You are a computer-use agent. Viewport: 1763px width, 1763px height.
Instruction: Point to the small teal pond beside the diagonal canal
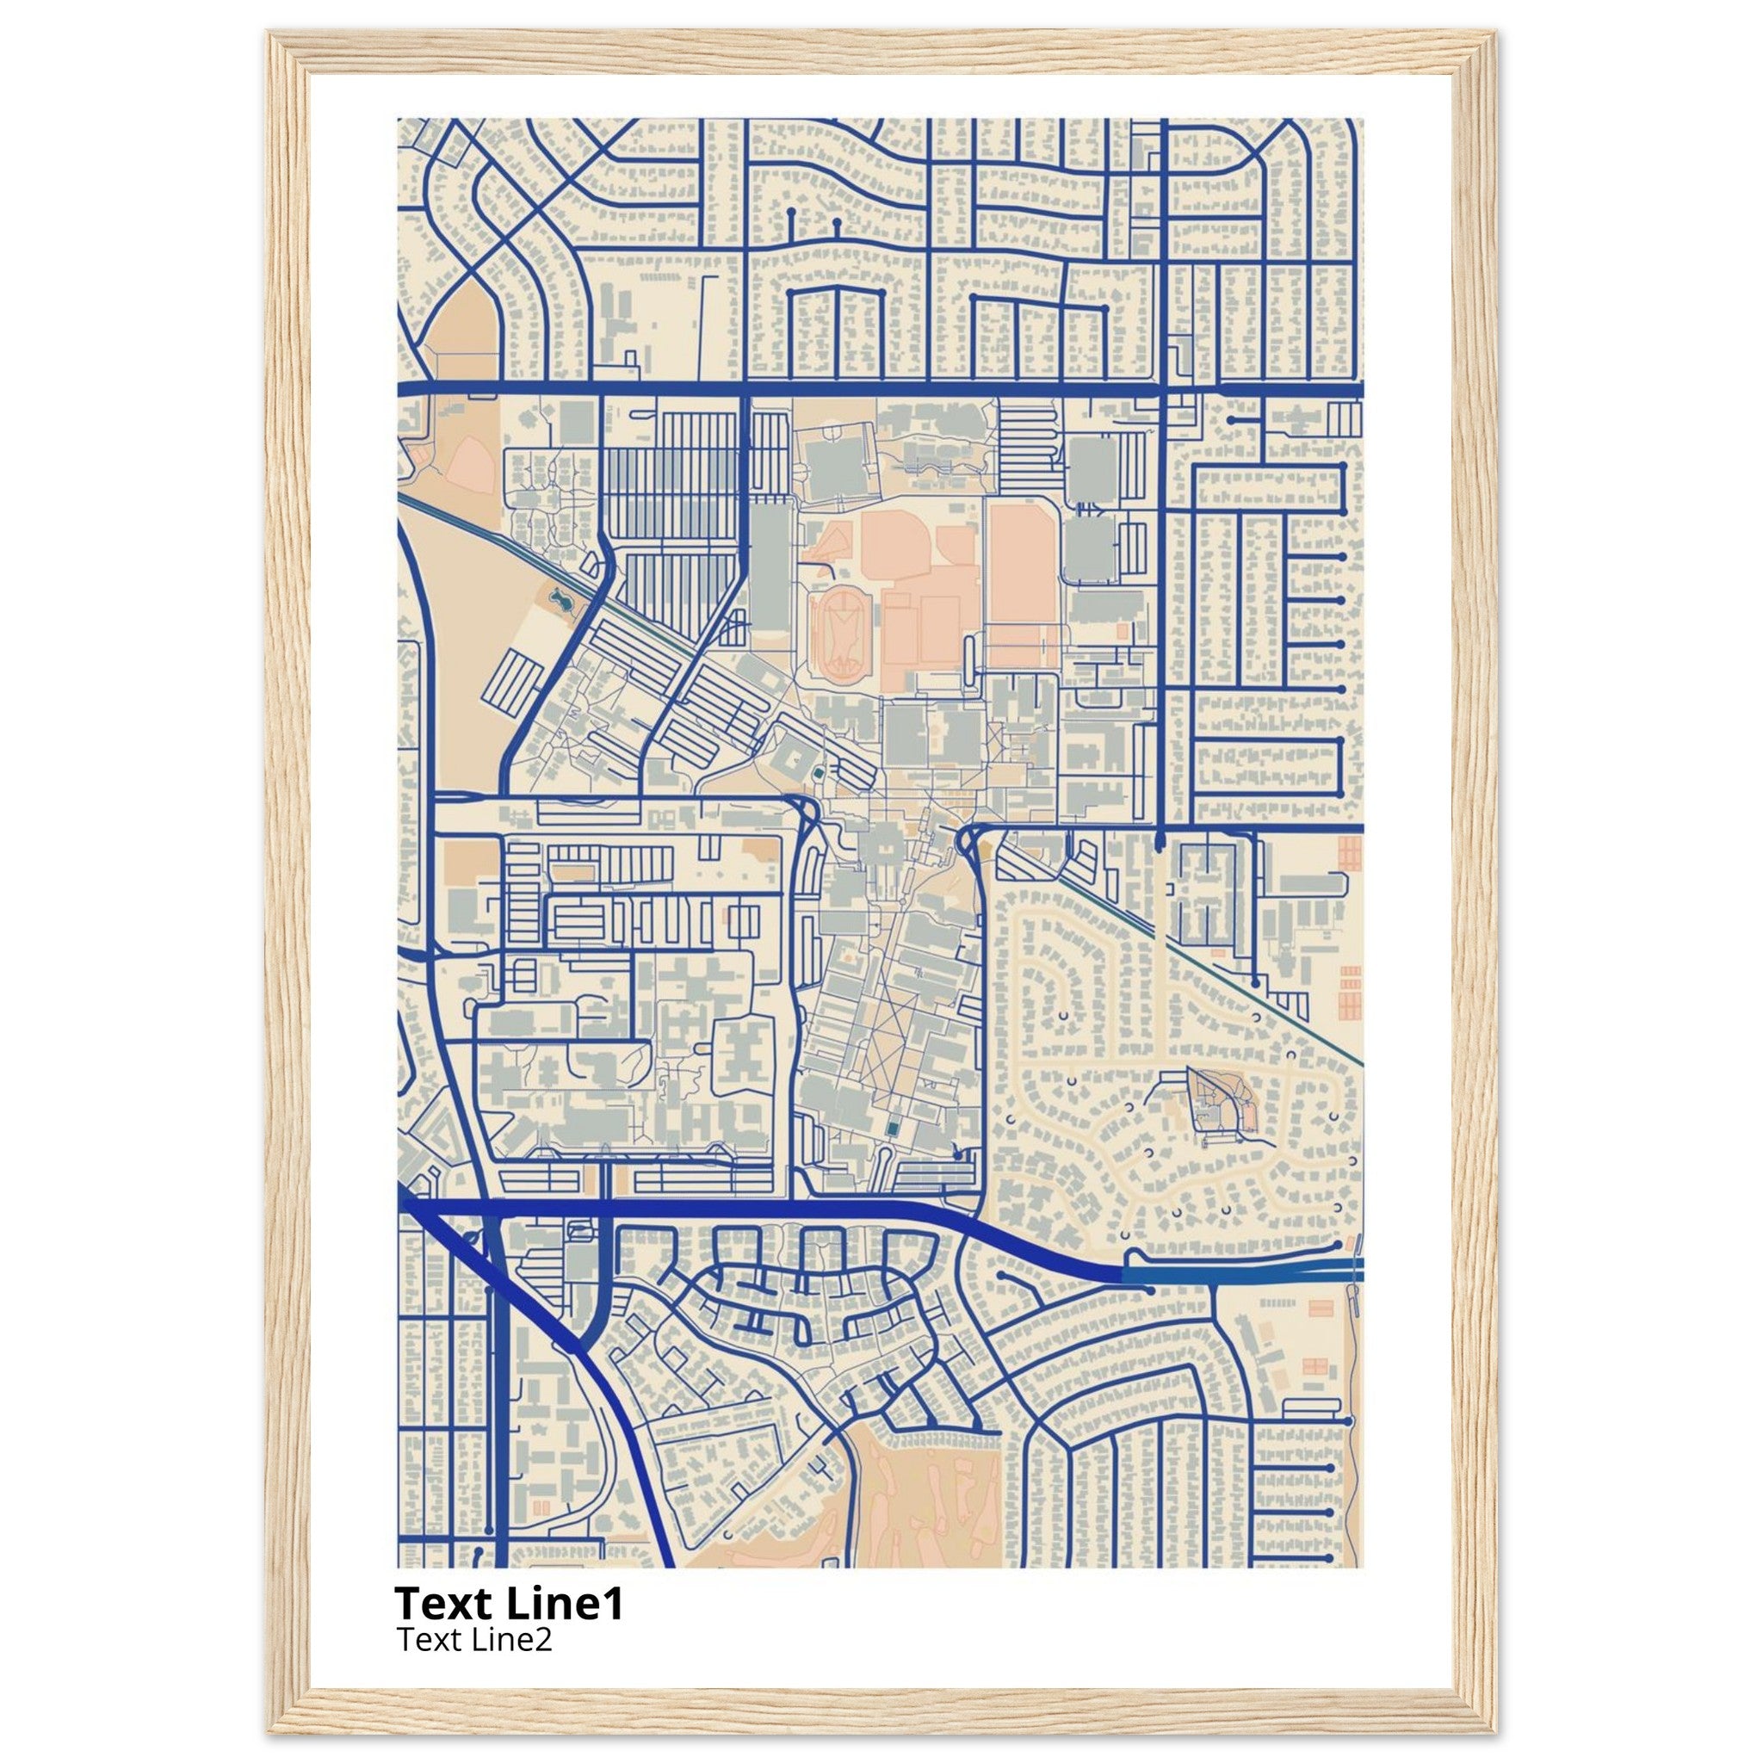(x=559, y=599)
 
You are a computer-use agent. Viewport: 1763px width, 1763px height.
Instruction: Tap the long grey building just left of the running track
(x=772, y=566)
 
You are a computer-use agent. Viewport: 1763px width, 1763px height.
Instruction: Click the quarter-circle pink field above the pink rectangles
(x=956, y=546)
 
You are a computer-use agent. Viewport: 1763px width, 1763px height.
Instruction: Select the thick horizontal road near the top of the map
(x=876, y=390)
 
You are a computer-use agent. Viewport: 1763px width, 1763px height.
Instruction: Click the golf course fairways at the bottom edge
(x=922, y=1506)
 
